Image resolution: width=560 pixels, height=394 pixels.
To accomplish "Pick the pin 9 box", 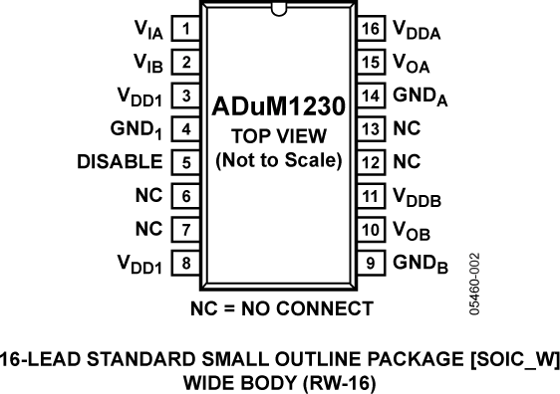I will pyautogui.click(x=370, y=263).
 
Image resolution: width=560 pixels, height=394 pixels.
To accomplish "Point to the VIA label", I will pyautogui.click(x=147, y=31).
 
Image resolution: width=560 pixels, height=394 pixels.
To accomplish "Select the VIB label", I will pyautogui.click(x=147, y=65).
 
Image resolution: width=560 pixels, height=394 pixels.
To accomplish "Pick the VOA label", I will pyautogui.click(x=410, y=65).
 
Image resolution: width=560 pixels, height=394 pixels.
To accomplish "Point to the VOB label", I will pyautogui.click(x=410, y=231).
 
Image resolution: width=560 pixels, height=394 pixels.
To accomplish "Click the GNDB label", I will pyautogui.click(x=413, y=265).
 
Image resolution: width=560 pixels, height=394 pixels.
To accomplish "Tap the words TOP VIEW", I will pyautogui.click(x=278, y=135).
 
